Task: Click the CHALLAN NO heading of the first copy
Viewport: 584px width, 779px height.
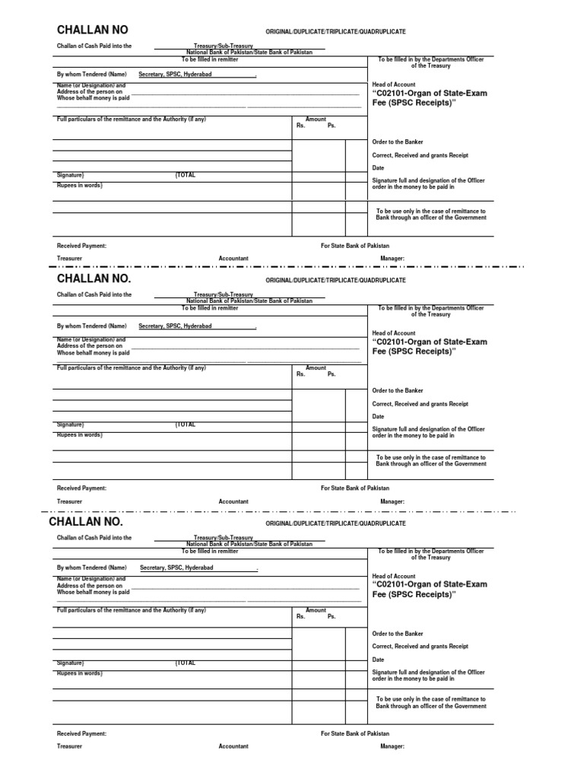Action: point(93,30)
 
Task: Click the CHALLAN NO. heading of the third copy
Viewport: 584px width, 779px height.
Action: point(85,523)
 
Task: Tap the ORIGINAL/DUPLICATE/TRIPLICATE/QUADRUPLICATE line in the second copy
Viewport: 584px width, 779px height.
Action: point(335,281)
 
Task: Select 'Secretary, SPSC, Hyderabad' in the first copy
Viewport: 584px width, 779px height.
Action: point(175,75)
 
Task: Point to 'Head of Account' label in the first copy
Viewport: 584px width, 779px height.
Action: point(393,84)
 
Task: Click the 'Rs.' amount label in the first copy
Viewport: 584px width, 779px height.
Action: point(300,126)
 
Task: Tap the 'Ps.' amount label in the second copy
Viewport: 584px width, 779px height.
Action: point(332,374)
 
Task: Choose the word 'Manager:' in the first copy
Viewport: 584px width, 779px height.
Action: point(392,259)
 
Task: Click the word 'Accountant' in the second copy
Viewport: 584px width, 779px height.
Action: point(233,502)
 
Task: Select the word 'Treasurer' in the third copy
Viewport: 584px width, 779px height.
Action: point(69,746)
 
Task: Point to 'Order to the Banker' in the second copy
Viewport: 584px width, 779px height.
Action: point(397,390)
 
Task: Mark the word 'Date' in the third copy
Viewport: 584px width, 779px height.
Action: point(378,660)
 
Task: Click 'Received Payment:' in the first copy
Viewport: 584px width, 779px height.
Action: point(81,246)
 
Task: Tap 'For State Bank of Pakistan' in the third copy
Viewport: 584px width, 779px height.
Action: point(354,734)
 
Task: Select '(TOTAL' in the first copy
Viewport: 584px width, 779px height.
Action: point(185,175)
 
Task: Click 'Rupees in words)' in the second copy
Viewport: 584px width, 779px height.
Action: point(79,434)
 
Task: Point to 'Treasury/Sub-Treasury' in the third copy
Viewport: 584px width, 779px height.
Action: point(223,537)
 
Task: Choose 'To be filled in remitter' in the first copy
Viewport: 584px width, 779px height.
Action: point(209,59)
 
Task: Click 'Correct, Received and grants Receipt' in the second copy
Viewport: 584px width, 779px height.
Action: point(420,404)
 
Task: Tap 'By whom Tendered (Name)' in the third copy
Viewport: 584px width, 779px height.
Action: point(91,568)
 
